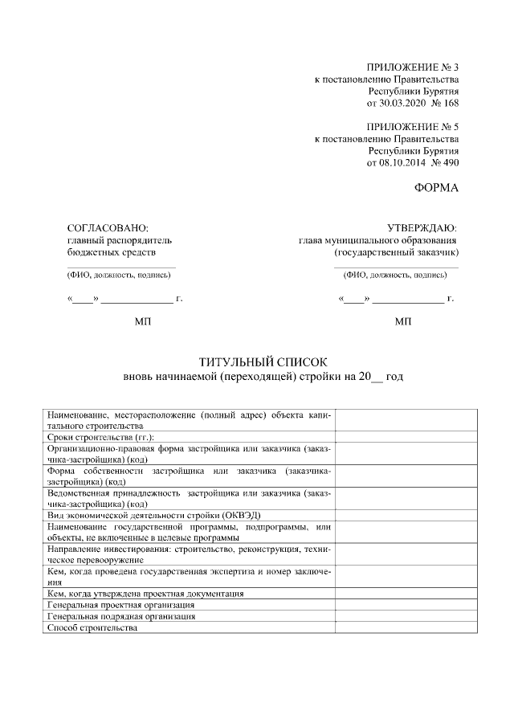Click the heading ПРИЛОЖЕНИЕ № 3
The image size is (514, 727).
(412, 67)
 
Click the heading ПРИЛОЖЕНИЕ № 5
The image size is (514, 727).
(412, 127)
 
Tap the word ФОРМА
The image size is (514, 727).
(436, 189)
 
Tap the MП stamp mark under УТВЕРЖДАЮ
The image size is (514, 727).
(403, 322)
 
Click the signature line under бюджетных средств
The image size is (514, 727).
(120, 266)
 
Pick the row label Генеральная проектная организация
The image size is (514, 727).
(120, 604)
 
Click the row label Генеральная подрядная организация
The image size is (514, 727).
(121, 616)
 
